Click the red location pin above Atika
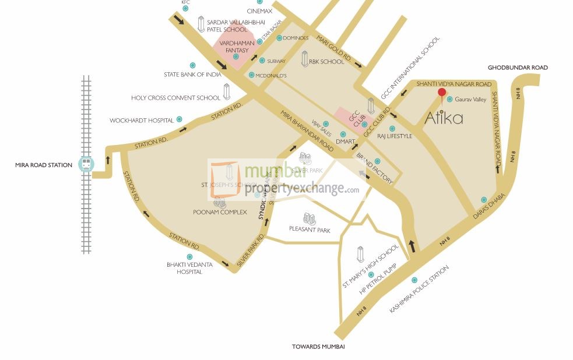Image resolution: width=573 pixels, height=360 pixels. click(442, 93)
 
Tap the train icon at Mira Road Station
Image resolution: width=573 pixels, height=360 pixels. click(86, 164)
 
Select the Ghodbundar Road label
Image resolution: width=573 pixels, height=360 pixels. click(518, 68)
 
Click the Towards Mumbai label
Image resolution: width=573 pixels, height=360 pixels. click(318, 347)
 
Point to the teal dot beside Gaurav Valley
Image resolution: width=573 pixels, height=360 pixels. click(449, 100)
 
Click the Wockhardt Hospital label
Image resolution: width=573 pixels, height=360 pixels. click(142, 121)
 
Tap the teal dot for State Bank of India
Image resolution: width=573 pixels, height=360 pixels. click(192, 65)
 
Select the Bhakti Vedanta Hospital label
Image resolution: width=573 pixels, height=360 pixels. click(189, 268)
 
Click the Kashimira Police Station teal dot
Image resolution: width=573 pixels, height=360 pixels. click(414, 280)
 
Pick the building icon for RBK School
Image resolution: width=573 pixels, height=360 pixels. click(304, 58)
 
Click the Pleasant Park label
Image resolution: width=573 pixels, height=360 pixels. click(310, 230)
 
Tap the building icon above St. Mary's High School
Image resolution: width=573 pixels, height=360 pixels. click(360, 254)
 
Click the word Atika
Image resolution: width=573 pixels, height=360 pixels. click(444, 118)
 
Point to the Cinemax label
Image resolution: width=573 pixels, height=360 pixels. click(259, 11)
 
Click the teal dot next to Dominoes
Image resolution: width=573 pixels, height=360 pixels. click(279, 38)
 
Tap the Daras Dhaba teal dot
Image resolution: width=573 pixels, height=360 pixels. click(484, 200)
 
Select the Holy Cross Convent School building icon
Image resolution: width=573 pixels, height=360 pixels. click(227, 91)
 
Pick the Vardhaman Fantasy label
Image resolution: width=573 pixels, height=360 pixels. click(234, 47)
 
